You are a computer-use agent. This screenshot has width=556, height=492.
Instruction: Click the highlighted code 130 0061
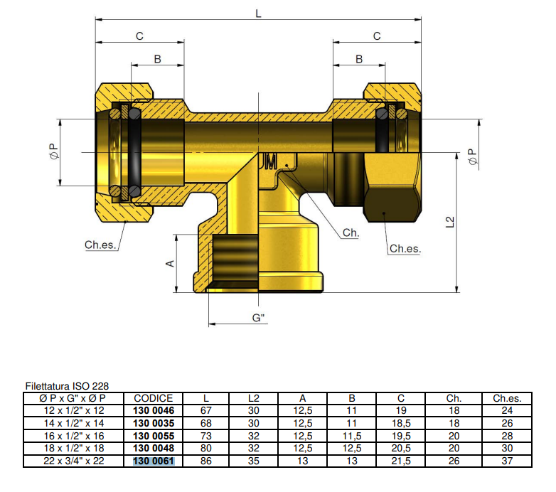coord(154,461)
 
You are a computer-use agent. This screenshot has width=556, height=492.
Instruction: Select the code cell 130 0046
coord(154,410)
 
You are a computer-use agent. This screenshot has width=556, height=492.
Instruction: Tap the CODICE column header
coord(154,398)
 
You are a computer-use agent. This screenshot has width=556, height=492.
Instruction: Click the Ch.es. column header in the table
coord(507,398)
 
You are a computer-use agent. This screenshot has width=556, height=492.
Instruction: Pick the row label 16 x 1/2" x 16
coord(74,436)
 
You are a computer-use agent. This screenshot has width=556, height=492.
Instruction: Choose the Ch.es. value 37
coord(507,461)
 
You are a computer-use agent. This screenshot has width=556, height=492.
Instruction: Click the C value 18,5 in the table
coord(401,423)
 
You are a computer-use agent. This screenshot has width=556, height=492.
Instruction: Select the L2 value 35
coord(254,461)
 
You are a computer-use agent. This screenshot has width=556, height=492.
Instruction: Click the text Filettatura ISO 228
coord(67,386)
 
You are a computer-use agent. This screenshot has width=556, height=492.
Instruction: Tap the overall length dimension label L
coord(257,12)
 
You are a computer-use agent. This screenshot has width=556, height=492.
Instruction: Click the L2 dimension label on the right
coord(450,222)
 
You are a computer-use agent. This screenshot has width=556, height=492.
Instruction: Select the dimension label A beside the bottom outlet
coord(170,263)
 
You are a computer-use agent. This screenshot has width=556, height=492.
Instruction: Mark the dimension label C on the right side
coord(377,36)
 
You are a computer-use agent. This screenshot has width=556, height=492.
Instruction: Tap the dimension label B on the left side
coord(158,59)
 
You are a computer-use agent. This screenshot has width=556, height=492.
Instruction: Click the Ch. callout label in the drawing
coord(351,233)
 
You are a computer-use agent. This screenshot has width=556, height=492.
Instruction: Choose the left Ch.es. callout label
coord(100,245)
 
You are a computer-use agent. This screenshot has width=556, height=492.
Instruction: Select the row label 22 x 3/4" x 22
coord(74,461)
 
